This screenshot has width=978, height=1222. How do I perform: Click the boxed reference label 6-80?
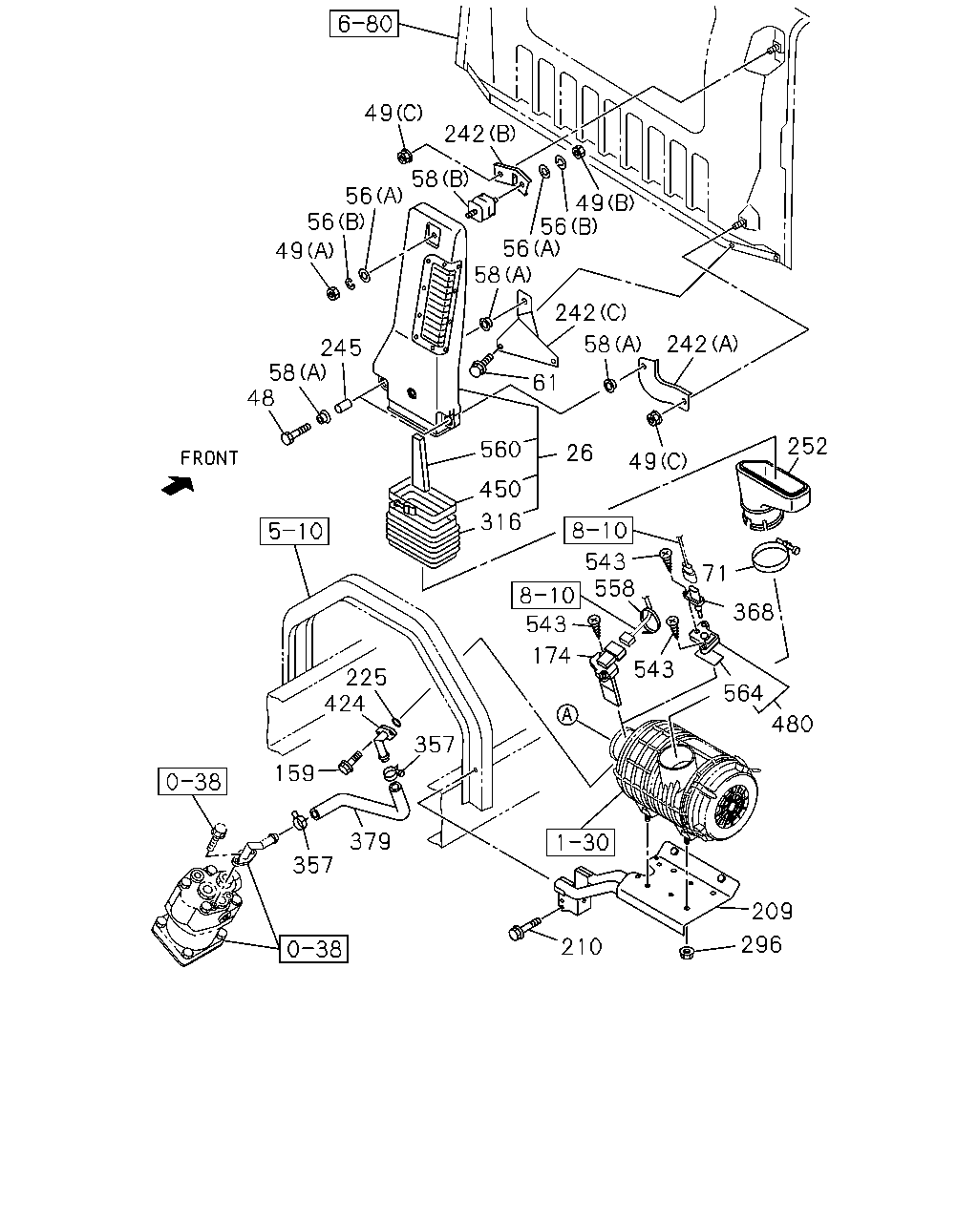tap(364, 24)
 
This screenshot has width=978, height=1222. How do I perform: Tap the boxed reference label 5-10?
tap(294, 531)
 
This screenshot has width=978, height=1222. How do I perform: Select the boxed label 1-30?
tap(581, 841)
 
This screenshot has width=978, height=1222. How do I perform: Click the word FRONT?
tap(209, 458)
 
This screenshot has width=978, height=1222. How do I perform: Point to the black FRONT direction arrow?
tap(178, 486)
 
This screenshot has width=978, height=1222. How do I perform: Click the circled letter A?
tap(567, 714)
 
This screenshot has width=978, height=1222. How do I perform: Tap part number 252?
tap(807, 447)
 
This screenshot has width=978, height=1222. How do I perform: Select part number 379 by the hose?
tap(370, 841)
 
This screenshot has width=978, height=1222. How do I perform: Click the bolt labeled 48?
tap(295, 433)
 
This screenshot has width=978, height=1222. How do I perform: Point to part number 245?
tap(341, 348)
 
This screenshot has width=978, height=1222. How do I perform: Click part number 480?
tap(792, 724)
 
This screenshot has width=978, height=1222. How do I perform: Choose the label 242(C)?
tap(590, 312)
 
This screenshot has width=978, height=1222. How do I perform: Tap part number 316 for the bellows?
tap(500, 522)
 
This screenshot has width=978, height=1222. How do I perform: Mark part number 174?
tap(551, 655)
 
